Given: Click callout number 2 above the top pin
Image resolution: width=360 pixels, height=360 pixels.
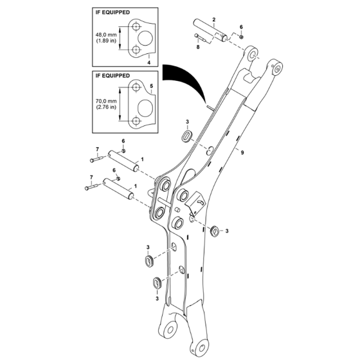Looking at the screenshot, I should click(214, 21).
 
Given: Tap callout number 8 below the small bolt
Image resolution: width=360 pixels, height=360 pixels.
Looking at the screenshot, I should click(199, 47).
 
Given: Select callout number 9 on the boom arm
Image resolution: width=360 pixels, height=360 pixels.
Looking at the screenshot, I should click(241, 152).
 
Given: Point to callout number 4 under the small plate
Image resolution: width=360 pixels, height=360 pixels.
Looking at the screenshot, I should click(148, 62).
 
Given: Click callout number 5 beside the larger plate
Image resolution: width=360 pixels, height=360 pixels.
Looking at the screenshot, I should click(152, 85).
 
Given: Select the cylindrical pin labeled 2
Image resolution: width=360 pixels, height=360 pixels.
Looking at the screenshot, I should click(210, 33).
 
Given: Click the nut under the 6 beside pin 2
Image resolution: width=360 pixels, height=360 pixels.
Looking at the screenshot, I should click(240, 37).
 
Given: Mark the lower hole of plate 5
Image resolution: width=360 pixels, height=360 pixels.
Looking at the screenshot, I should click(137, 120).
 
